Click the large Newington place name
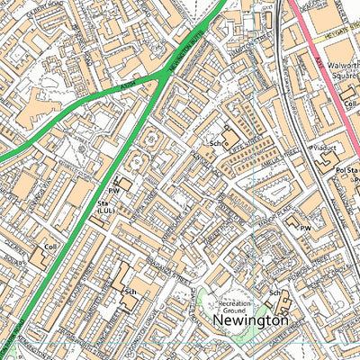point(251,319)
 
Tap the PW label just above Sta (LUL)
point(113,191)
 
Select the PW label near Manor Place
point(305,229)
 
